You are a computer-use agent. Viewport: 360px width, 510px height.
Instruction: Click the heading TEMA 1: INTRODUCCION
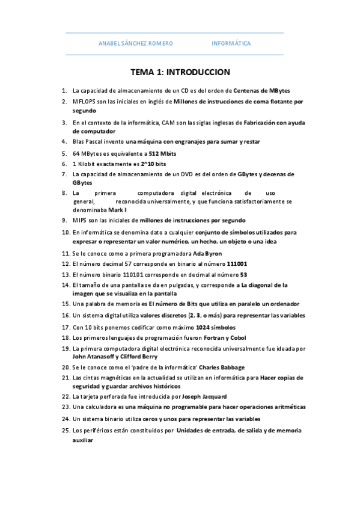coord(180,73)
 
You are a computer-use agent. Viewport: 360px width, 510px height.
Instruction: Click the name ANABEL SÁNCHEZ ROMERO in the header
coord(135,43)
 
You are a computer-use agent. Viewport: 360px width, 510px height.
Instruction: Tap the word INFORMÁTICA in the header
coord(231,43)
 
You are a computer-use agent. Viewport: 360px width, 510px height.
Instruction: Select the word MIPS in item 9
coord(80,220)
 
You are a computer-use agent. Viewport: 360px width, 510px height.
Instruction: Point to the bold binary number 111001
coord(237,263)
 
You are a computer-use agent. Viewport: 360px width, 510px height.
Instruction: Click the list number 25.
coord(66,431)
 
